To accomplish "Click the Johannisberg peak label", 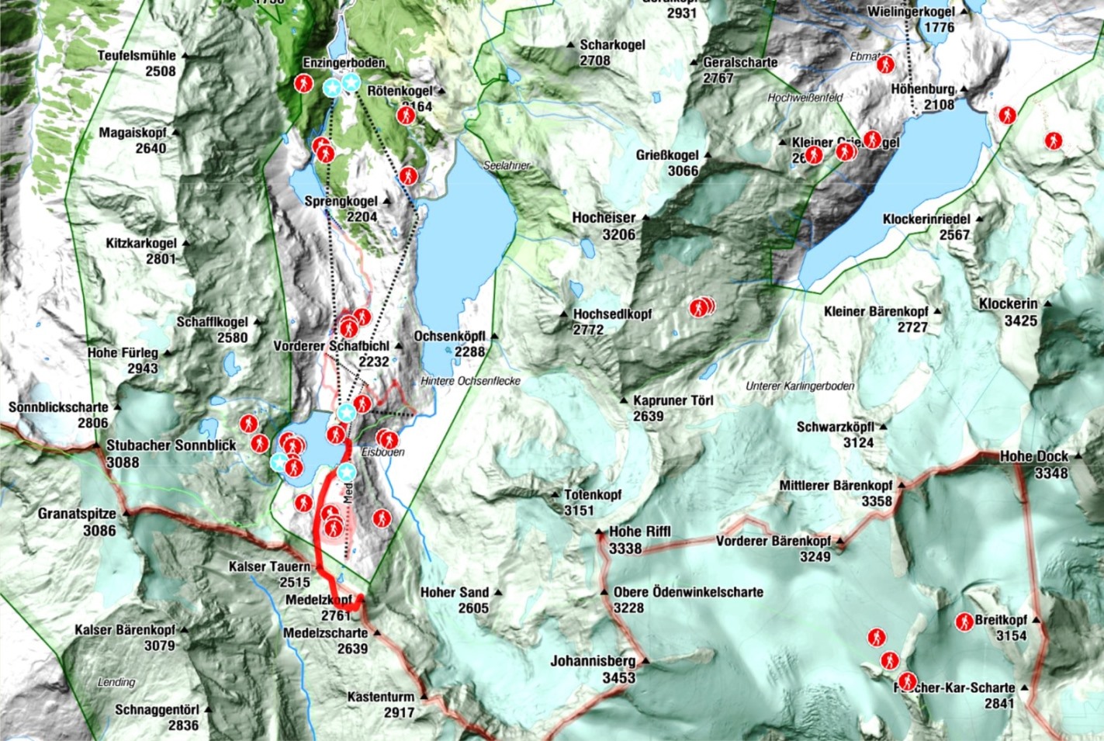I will pos(593,661).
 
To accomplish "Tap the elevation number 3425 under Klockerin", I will pos(1020,320).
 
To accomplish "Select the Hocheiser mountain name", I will pos(604,218).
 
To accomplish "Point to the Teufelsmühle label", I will pos(137,56).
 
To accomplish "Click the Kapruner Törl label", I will pos(673,400).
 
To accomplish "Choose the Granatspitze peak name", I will pos(77,514).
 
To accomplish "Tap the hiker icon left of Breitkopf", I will pos(964,622).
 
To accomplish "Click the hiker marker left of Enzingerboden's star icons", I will pos(303,83).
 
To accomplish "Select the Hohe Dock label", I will pos(1033,456).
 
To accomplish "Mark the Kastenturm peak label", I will pos(381,696).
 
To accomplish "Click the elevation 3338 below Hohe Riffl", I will pos(625,549).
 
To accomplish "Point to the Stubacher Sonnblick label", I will pos(171,445).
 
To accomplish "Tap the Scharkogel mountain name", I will pos(612,45).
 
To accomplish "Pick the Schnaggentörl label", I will pos(157,709).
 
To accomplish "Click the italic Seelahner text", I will pos(507,165).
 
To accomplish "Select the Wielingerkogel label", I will pos(911,12).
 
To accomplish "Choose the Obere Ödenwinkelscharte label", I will pos(688,591).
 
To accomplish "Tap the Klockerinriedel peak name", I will pos(926,219).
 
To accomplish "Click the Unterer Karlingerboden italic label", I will pos(800,386).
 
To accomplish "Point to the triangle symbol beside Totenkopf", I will pos(555,494).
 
